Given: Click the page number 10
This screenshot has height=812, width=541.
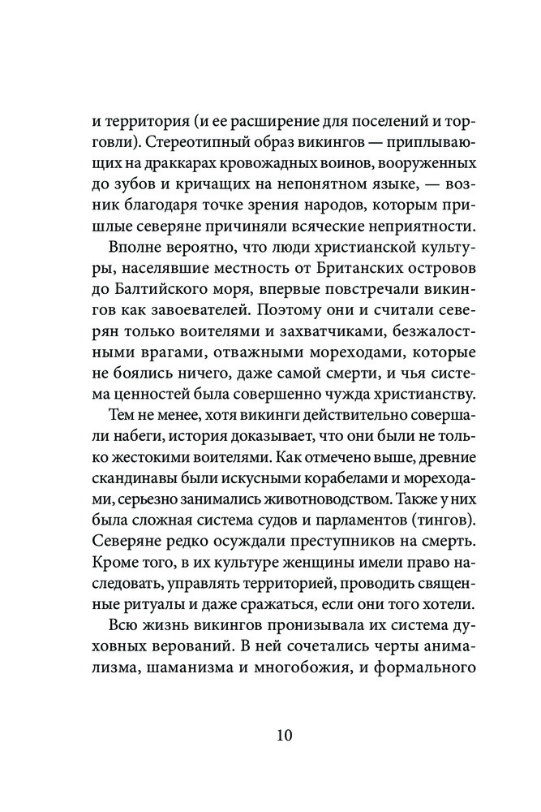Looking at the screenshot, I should point(270,736).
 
